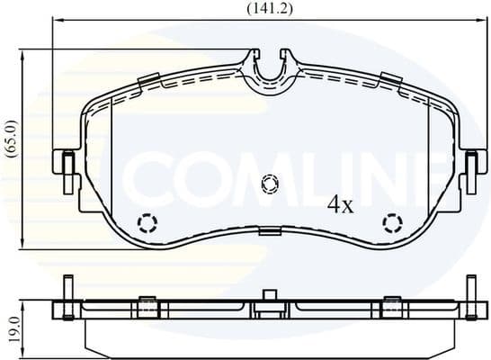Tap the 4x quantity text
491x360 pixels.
(x=341, y=205)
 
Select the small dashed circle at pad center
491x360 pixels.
(x=268, y=184)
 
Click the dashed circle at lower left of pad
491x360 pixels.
(x=146, y=222)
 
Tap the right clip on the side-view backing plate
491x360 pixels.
(x=391, y=307)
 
